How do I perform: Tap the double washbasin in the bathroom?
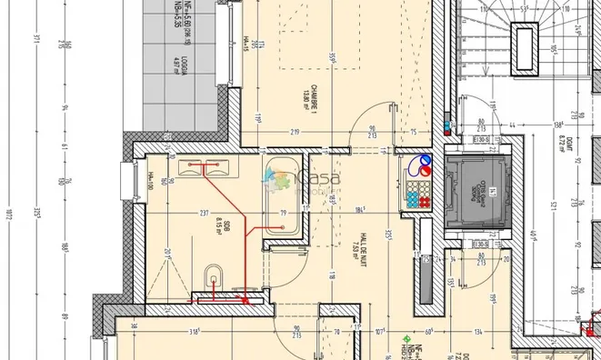(205, 166)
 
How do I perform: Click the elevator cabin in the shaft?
(476, 191)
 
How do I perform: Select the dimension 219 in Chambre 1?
(295, 134)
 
